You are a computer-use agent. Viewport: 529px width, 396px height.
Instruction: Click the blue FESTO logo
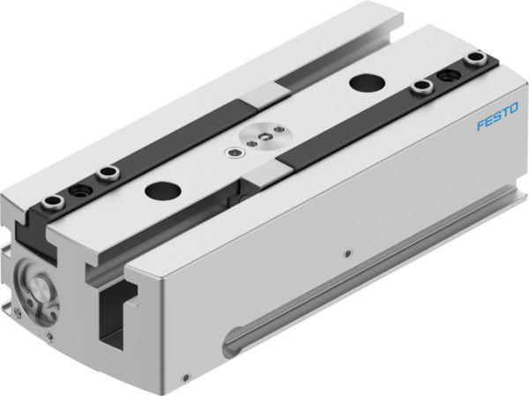click(x=500, y=123)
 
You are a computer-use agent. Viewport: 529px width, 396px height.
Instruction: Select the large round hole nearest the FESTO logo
click(x=362, y=81)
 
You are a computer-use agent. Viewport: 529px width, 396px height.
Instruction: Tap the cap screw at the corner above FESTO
click(x=477, y=59)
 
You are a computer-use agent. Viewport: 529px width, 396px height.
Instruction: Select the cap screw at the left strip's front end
click(x=50, y=204)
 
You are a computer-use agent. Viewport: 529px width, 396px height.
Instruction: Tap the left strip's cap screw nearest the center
click(x=108, y=172)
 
